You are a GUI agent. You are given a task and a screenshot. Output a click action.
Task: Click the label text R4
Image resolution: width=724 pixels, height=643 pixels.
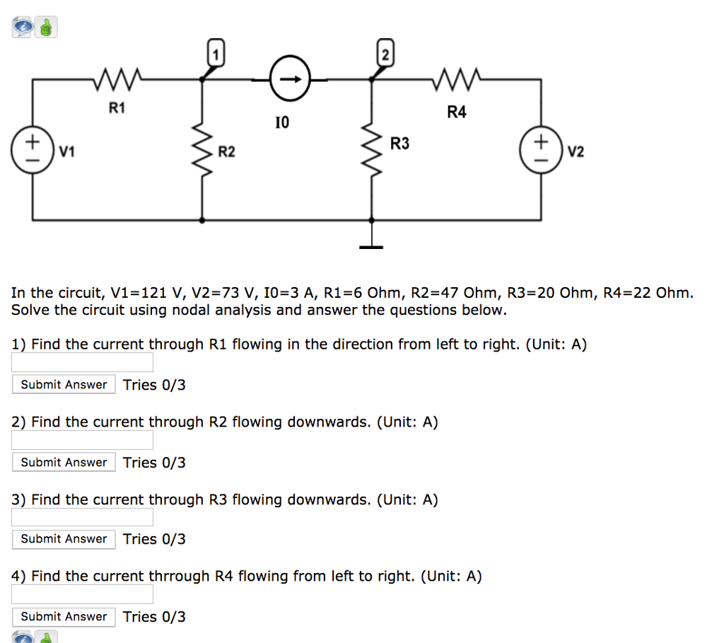pos(457,112)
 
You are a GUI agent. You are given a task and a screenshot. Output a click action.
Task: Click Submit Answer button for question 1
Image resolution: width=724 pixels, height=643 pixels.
pos(64,385)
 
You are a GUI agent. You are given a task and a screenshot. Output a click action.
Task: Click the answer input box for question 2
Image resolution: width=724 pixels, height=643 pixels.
pos(82,440)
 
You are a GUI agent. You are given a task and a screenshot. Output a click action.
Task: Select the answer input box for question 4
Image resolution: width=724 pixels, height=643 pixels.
pos(82,594)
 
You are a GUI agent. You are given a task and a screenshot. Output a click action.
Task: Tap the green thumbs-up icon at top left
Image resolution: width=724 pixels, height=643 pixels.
pos(47,28)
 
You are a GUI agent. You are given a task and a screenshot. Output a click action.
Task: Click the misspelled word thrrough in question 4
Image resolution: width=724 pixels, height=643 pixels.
pos(177,577)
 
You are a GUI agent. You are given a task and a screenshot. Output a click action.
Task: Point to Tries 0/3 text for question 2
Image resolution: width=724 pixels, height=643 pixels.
pos(154,463)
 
